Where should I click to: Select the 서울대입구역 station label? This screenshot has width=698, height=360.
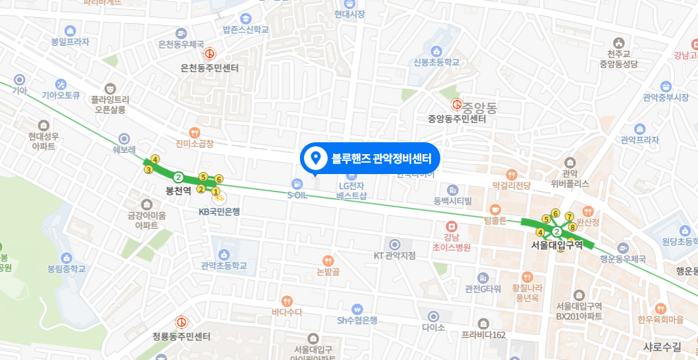pos(557,245)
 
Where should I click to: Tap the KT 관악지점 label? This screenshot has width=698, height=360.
pos(395,255)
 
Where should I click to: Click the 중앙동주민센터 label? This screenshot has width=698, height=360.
pos(457,119)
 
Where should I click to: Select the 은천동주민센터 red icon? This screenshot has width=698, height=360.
pos(209,54)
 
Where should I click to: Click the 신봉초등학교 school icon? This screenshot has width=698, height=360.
pos(436,51)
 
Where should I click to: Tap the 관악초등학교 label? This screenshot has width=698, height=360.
pos(224,266)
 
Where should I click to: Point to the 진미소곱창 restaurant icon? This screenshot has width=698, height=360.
pos(194,132)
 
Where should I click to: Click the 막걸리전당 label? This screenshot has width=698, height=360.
pos(512,186)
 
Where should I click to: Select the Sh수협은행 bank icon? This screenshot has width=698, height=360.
pos(357,308)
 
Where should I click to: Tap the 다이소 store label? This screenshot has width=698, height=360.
pos(433,328)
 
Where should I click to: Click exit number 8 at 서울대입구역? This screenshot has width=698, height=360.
pos(573,227)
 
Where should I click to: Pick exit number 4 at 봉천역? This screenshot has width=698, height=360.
pos(155,159)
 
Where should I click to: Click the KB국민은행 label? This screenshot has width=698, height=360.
pos(219,212)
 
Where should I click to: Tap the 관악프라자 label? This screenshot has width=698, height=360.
pos(639,140)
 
